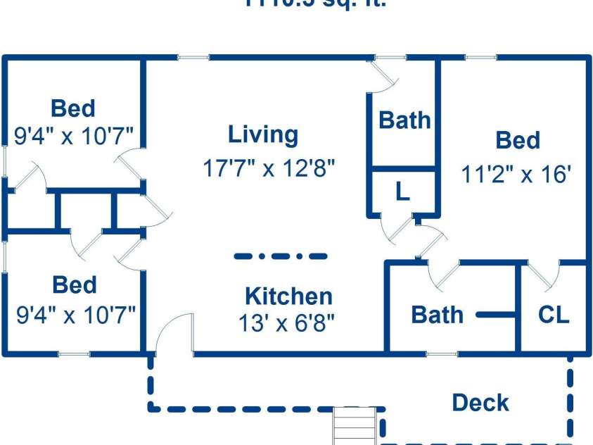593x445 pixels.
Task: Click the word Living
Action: (x=263, y=134)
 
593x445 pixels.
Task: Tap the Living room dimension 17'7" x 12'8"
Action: (x=269, y=169)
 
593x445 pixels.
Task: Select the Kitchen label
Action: (x=288, y=296)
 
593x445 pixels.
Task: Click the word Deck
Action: (x=480, y=403)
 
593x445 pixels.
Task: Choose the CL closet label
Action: (x=554, y=315)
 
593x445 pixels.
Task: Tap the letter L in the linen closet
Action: (x=402, y=192)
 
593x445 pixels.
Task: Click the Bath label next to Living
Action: (x=404, y=120)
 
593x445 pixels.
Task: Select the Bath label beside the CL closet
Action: (x=437, y=315)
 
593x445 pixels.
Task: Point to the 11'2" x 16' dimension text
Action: (x=515, y=174)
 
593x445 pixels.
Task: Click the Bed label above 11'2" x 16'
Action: (x=518, y=141)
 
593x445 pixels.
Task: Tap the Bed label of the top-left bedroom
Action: (x=73, y=109)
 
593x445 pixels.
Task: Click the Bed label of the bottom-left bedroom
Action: (x=75, y=285)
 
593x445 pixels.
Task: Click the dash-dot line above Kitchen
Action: (x=280, y=256)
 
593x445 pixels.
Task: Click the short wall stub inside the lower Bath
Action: (x=497, y=315)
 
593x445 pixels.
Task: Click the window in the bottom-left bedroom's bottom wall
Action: (x=73, y=353)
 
